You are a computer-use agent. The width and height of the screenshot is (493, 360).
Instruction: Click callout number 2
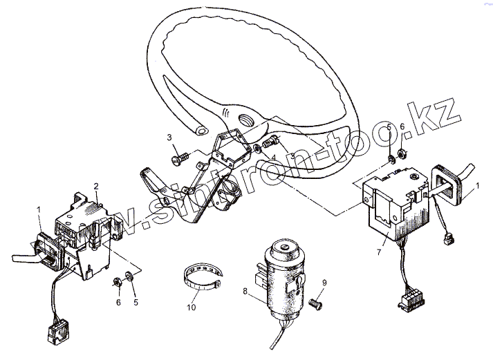[96, 186]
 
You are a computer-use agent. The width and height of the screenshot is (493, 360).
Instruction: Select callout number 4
[274, 159]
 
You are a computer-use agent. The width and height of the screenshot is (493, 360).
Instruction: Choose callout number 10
[192, 306]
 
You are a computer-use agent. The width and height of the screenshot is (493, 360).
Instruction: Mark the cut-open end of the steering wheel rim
[201, 129]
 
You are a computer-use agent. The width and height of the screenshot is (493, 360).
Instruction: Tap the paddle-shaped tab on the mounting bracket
[154, 180]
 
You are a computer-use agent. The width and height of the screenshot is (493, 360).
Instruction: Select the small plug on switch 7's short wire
[447, 239]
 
